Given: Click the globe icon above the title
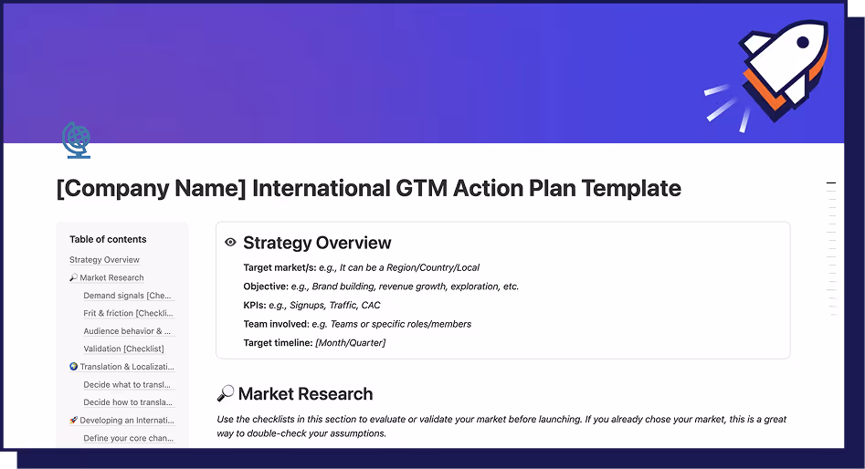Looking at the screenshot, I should click(x=77, y=141).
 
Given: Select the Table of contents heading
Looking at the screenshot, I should click(x=108, y=239).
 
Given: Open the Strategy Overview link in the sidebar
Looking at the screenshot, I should click(x=104, y=260).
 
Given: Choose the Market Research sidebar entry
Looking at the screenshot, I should click(x=111, y=277).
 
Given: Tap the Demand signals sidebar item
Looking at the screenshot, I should click(x=127, y=296).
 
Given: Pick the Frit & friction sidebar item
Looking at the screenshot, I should click(x=127, y=313).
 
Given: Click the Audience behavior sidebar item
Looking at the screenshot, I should click(x=127, y=331).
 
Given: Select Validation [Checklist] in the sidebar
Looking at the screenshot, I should click(x=123, y=349).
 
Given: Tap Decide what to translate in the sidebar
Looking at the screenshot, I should click(x=127, y=384).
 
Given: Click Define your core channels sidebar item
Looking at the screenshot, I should click(x=127, y=438).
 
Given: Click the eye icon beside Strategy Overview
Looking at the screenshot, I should click(x=231, y=243).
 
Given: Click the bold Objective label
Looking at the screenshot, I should click(x=266, y=287).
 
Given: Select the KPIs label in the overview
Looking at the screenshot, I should click(x=255, y=305).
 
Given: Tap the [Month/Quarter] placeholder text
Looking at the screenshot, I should click(x=350, y=342).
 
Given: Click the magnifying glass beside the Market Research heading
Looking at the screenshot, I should click(x=226, y=394).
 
